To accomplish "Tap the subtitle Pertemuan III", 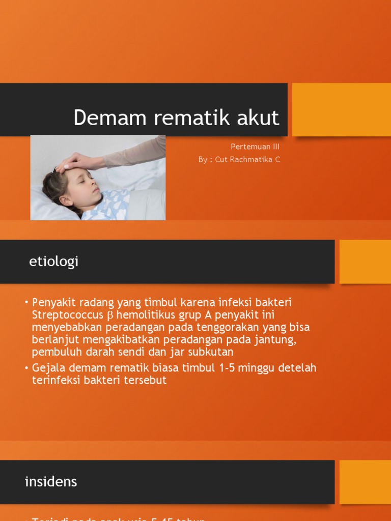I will tap(255, 147).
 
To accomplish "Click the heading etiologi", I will tap(54, 262).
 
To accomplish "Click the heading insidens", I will tap(51, 482).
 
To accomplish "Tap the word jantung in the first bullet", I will tap(277, 339).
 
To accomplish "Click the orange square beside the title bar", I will tap(341, 110).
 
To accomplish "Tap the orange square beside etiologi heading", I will tap(365, 262).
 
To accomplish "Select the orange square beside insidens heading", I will tap(365, 482).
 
